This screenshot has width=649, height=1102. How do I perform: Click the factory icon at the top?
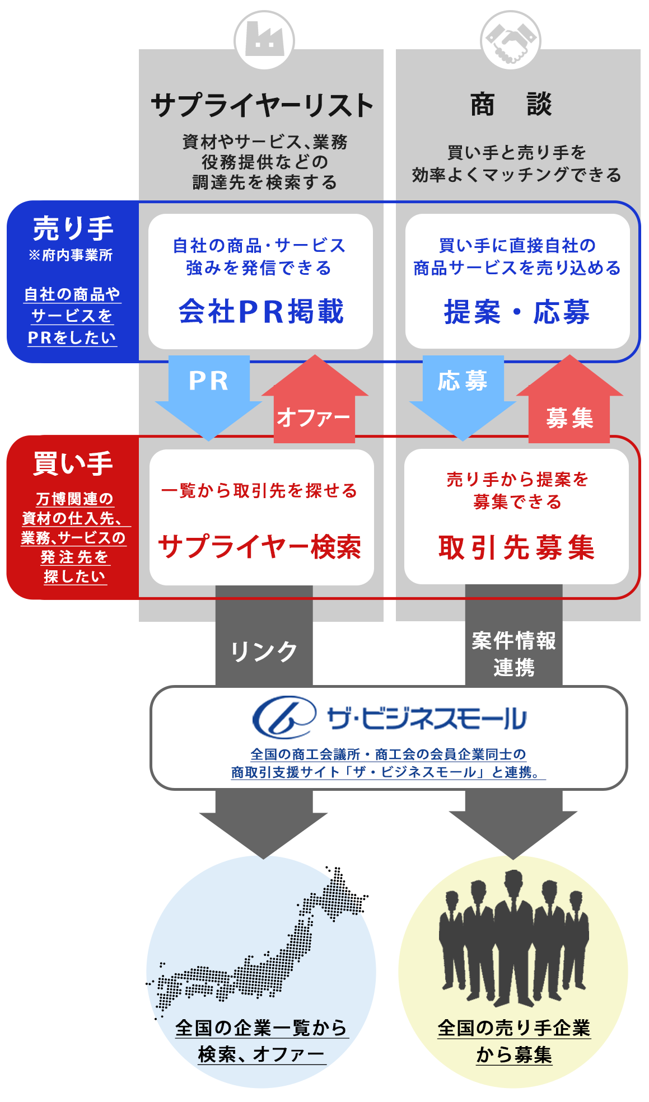pyautogui.click(x=264, y=40)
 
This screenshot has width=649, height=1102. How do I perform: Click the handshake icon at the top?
pyautogui.click(x=510, y=40)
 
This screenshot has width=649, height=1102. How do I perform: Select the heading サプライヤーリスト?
pyautogui.click(x=262, y=105)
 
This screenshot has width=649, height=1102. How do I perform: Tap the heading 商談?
pyautogui.click(x=511, y=105)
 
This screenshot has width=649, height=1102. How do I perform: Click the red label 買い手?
pyautogui.click(x=73, y=463)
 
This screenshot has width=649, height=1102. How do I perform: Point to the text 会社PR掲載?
pyautogui.click(x=261, y=312)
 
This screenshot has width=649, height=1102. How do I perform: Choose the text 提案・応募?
pyautogui.click(x=517, y=312)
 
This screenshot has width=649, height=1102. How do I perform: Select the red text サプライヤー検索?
pyautogui.click(x=260, y=547)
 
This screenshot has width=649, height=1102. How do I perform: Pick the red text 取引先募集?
pyautogui.click(x=516, y=547)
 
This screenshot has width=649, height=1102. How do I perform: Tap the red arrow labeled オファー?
pyautogui.click(x=315, y=398)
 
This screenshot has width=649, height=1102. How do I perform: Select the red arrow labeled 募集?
pyautogui.click(x=569, y=398)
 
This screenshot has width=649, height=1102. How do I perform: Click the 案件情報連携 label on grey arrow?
pyautogui.click(x=514, y=654)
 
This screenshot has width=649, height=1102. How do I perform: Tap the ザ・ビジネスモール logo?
pyautogui.click(x=390, y=718)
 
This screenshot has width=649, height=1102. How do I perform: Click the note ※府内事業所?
pyautogui.click(x=71, y=255)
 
